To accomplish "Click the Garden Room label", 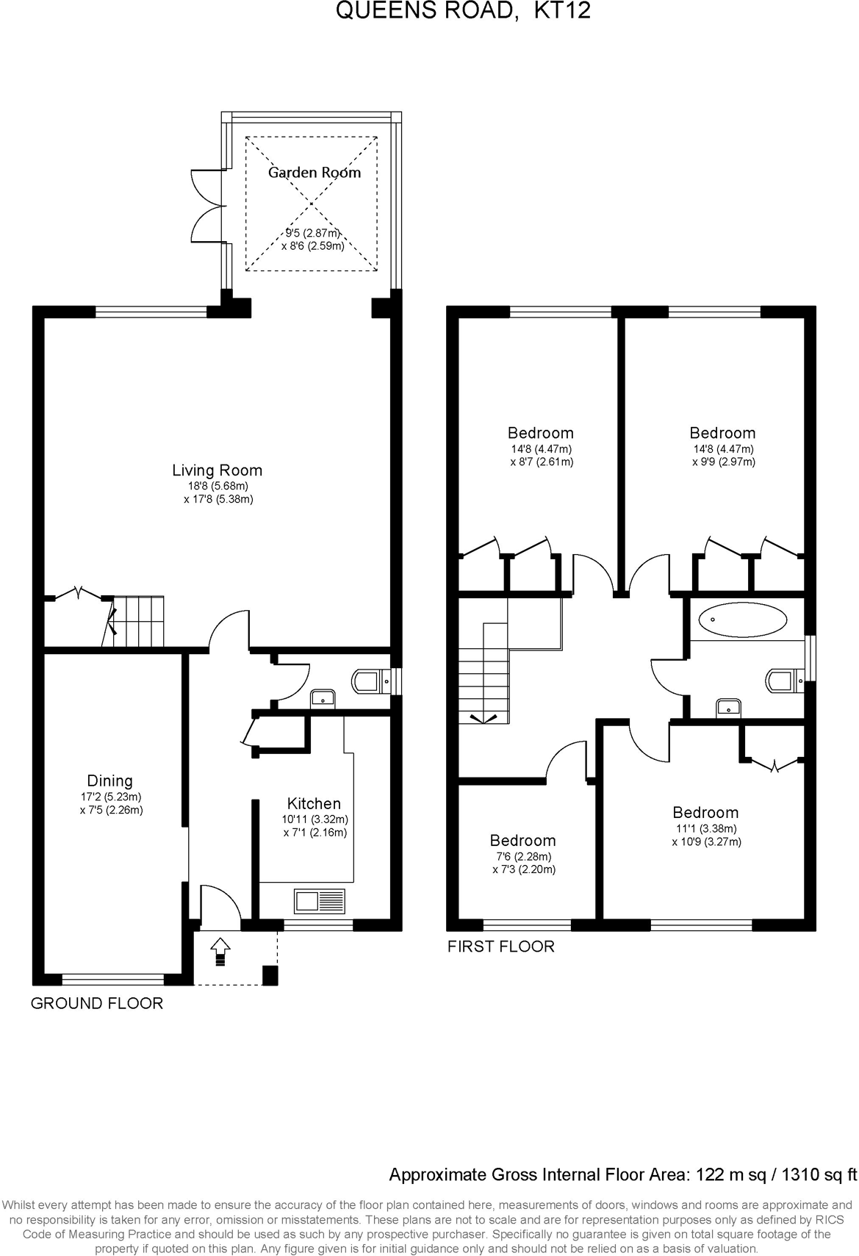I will (314, 173).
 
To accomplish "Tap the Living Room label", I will (217, 470).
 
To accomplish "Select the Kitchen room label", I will (314, 803).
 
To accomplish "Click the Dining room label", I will (110, 780).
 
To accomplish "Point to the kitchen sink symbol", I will (320, 900).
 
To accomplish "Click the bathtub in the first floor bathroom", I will (742, 620).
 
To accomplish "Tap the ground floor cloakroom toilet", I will (368, 681).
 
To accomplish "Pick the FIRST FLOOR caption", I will (500, 947).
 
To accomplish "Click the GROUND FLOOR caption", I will (96, 1003).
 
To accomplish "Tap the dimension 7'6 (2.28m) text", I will (523, 856).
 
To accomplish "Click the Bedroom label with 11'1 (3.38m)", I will (705, 812).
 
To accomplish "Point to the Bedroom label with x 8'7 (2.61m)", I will (540, 433).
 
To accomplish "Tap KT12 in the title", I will (562, 10).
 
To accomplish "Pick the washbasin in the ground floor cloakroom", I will (322, 697).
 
